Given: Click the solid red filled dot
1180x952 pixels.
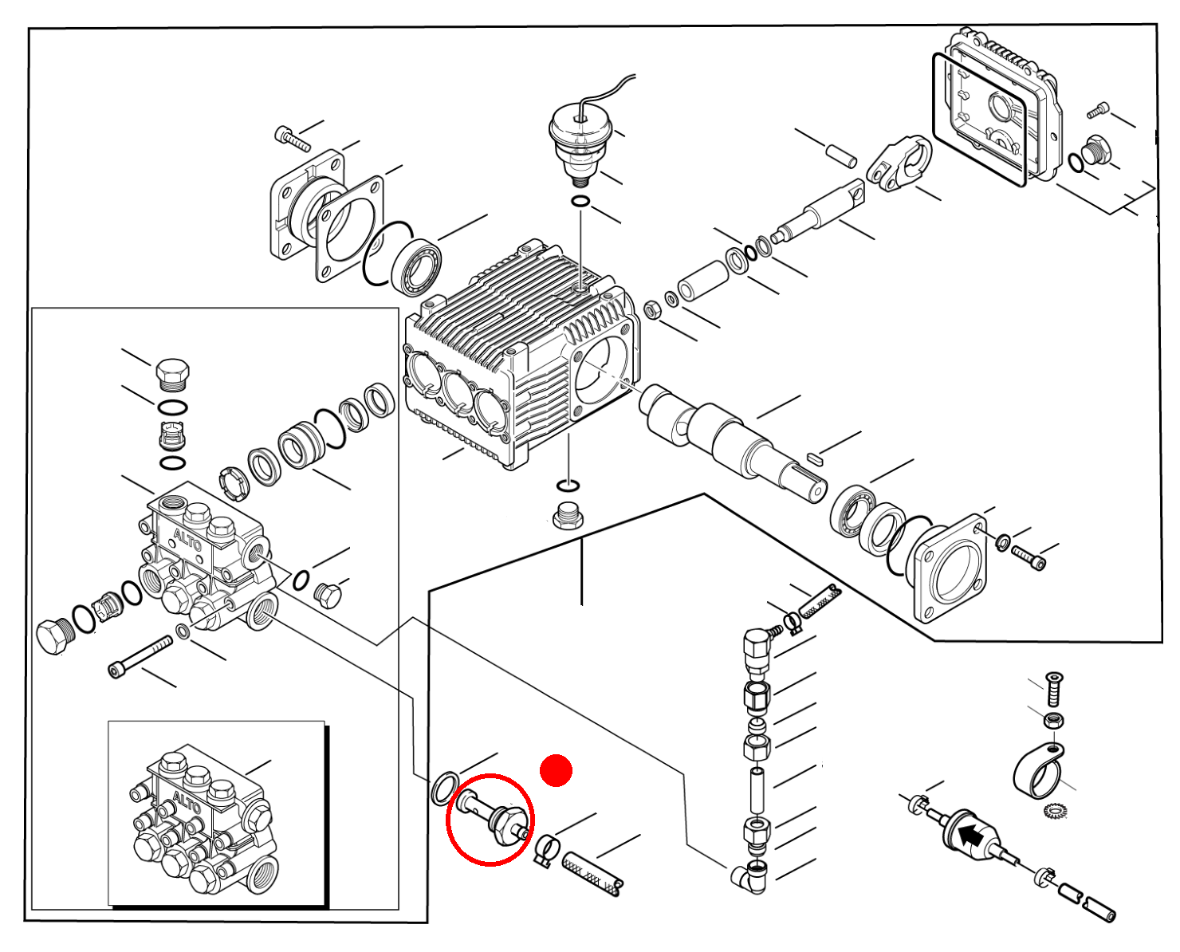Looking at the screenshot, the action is tap(556, 770).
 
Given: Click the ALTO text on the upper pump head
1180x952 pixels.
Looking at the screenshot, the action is tap(187, 540).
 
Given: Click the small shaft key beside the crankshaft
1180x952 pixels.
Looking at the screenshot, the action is tap(816, 458).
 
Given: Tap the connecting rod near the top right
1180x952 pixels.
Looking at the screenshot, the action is tap(899, 163).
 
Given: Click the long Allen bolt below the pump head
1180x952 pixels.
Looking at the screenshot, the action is tap(140, 656).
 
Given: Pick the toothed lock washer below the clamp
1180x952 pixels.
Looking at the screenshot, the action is tap(1056, 811).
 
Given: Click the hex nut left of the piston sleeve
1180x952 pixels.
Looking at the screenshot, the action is tap(652, 310).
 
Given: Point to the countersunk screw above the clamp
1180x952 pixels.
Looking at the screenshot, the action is tap(1055, 689).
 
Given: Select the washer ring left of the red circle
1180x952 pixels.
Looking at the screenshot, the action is tap(445, 789).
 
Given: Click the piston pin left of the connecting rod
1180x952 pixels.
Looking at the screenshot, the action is tap(842, 156).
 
